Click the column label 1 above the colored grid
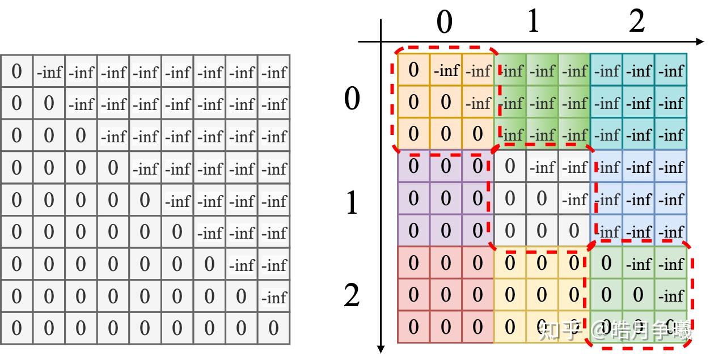(533, 22)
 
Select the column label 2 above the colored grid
(637, 22)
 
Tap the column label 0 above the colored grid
(445, 22)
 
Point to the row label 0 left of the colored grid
(352, 99)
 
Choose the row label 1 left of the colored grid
(352, 203)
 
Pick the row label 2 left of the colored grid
(352, 295)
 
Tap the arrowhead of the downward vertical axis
(382, 347)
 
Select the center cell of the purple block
(446, 198)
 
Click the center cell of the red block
(446, 295)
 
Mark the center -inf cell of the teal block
(639, 103)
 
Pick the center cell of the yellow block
(542, 295)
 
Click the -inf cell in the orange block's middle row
(478, 103)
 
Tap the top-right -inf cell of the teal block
(671, 71)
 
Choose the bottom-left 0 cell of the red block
(413, 327)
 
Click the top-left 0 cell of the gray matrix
(16, 71)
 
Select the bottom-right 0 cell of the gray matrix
(274, 328)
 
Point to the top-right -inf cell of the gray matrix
(274, 73)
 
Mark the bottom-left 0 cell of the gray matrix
(16, 328)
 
